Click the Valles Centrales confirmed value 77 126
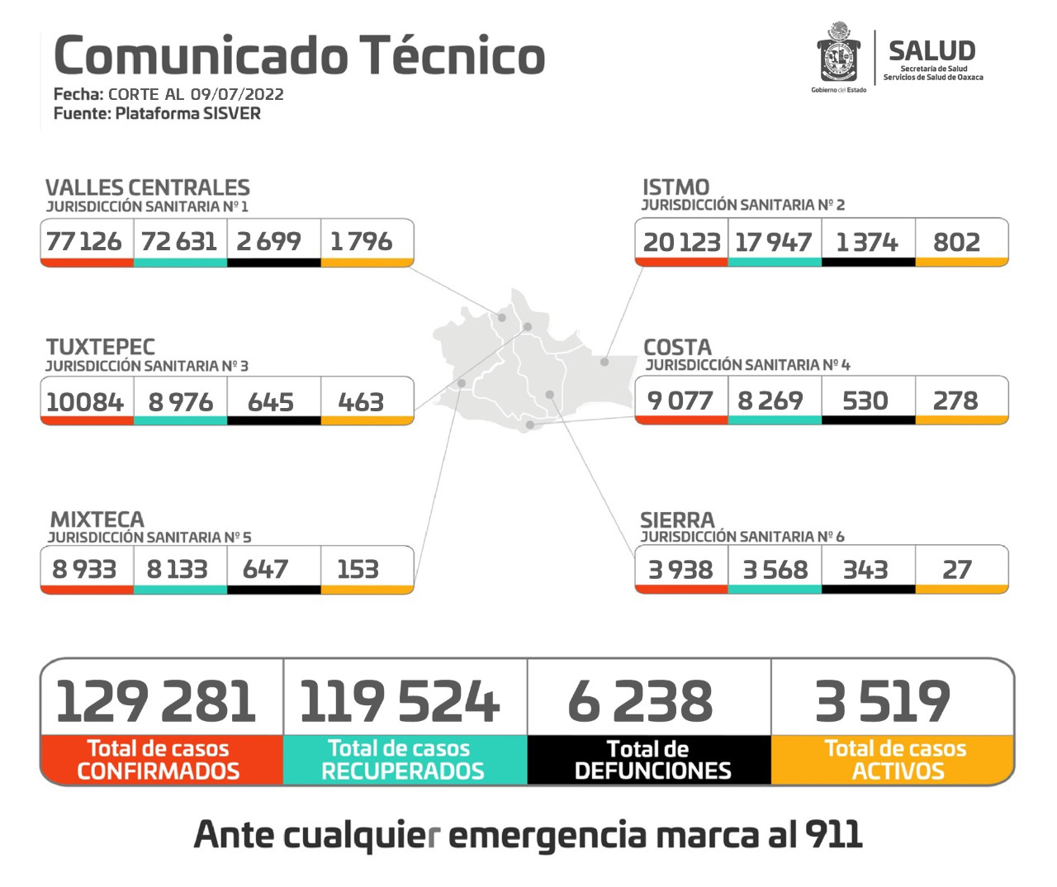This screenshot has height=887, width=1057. click(x=84, y=241)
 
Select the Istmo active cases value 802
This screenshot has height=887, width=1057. click(x=957, y=242)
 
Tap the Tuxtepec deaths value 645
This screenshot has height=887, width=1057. click(x=271, y=402)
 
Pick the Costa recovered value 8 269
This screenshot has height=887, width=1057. click(x=770, y=401)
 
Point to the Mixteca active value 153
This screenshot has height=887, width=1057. click(x=358, y=569)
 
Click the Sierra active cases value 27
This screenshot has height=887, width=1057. click(x=957, y=569)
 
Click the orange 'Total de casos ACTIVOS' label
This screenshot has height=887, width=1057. click(x=896, y=760)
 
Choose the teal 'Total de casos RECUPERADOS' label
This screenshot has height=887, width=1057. click(x=402, y=760)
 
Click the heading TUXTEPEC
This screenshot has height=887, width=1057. click(x=101, y=347)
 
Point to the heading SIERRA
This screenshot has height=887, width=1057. click(x=677, y=520)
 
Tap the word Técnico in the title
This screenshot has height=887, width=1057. click(x=453, y=56)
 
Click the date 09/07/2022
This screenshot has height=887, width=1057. click(x=237, y=94)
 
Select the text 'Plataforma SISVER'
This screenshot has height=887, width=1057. click(x=188, y=113)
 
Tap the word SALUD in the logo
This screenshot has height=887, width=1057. click(x=931, y=51)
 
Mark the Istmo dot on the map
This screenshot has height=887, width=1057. click(x=604, y=362)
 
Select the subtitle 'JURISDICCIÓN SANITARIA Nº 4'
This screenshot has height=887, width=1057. click(x=747, y=365)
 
